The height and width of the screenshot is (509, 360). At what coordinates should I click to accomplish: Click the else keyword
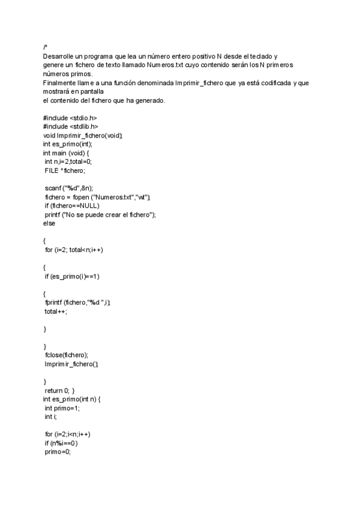49,223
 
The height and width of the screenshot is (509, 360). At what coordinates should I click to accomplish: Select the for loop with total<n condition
74,250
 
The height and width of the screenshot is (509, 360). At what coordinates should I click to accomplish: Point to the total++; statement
56,312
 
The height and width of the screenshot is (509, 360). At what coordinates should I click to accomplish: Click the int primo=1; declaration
62,408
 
